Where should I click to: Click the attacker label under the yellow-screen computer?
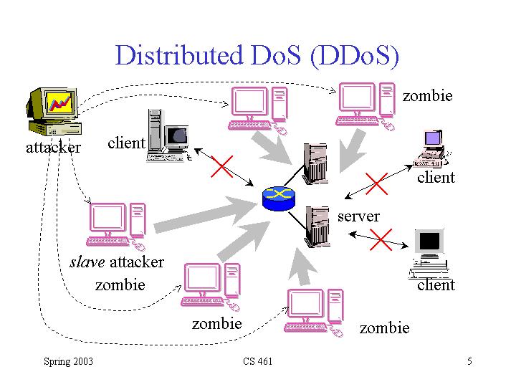[x=53, y=148]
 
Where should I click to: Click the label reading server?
[x=358, y=216]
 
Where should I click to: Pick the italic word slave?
[x=86, y=262]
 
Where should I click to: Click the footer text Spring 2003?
[x=68, y=361]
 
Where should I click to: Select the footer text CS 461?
[x=258, y=361]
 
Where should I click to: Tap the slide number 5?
[x=469, y=361]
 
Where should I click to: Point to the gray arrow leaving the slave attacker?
[x=204, y=214]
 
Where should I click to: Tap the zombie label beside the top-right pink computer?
[x=428, y=95]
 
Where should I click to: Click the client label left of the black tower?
[x=126, y=143]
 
